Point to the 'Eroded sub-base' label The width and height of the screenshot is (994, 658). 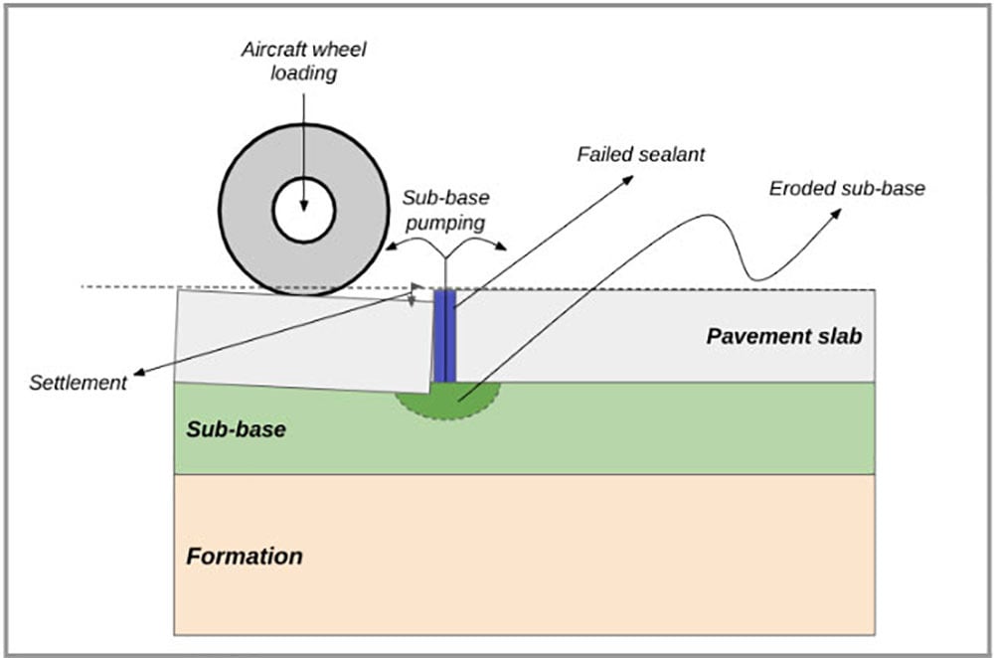coord(847,188)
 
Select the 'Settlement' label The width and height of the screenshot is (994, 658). coord(80,383)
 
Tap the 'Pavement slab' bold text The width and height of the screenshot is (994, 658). coord(783,336)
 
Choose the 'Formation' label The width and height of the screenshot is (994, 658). coord(245,556)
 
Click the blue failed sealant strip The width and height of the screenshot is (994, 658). coord(444,336)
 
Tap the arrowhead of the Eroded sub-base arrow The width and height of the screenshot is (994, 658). coord(837,214)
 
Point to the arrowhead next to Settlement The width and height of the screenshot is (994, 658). coord(137,374)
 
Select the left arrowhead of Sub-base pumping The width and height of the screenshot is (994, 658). coord(391,249)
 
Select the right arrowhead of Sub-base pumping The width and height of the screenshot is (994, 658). coord(502,249)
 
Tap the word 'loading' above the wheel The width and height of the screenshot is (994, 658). coord(304,74)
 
